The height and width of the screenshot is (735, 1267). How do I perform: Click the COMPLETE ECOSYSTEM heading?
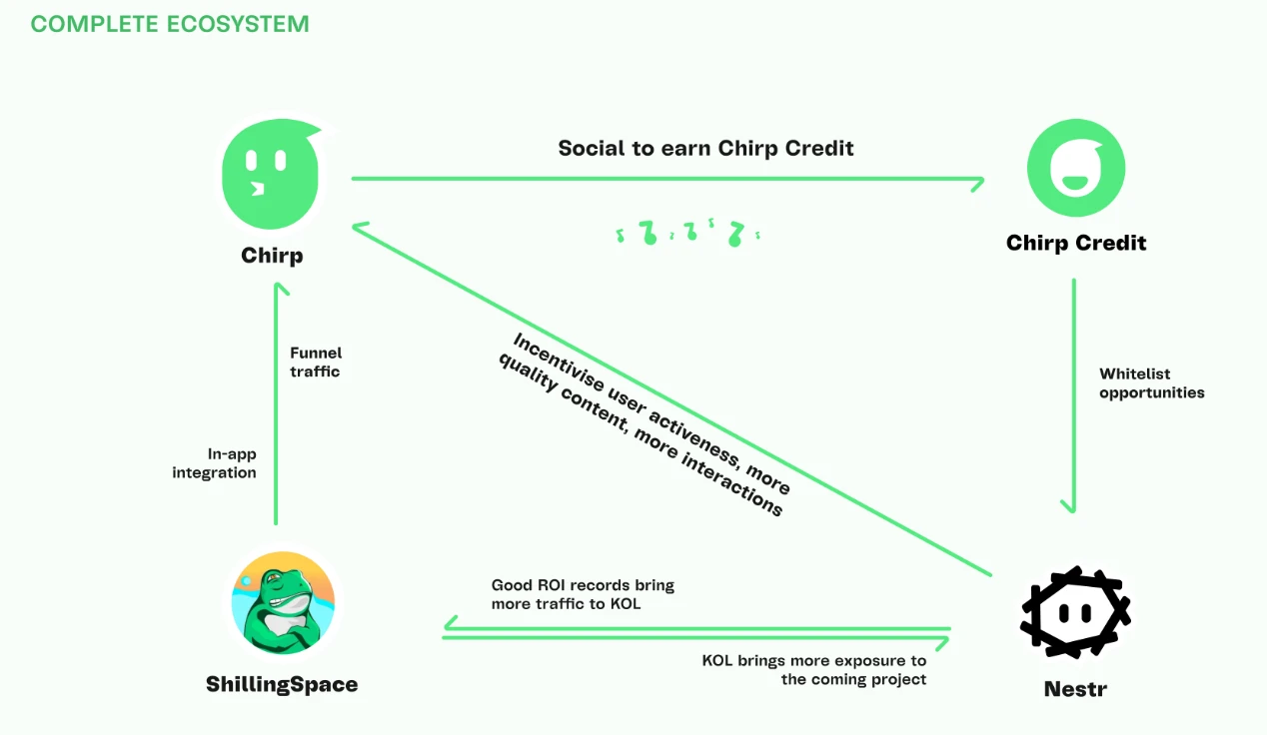pyautogui.click(x=170, y=24)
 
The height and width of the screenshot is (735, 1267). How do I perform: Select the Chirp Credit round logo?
pyautogui.click(x=1076, y=168)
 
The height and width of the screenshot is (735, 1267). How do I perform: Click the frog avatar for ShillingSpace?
pyautogui.click(x=283, y=602)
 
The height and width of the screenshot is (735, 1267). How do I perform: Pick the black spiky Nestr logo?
pyautogui.click(x=1075, y=612)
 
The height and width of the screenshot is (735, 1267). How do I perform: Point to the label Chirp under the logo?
pyautogui.click(x=272, y=256)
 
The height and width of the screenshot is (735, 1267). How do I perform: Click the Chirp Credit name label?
pyautogui.click(x=1076, y=243)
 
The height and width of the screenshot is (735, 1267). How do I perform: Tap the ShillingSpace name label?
pyautogui.click(x=282, y=685)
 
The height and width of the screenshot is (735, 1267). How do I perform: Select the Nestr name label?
pyautogui.click(x=1075, y=689)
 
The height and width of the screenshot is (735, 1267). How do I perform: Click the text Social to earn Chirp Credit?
pyautogui.click(x=705, y=149)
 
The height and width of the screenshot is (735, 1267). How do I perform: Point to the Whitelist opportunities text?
pyautogui.click(x=1151, y=383)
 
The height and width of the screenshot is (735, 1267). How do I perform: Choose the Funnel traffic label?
pyautogui.click(x=316, y=362)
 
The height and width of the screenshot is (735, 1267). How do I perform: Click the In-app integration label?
pyautogui.click(x=214, y=463)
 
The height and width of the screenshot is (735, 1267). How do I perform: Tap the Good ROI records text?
pyautogui.click(x=583, y=594)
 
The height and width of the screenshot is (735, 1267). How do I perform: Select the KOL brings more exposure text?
pyautogui.click(x=813, y=670)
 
